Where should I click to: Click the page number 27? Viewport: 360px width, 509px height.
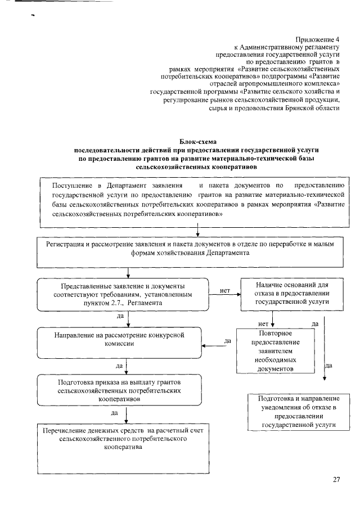tap(336, 479)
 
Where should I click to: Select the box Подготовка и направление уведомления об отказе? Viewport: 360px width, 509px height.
tap(298, 412)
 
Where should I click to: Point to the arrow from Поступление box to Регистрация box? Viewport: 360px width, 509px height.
tap(198, 228)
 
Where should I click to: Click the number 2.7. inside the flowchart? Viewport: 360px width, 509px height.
tap(115, 303)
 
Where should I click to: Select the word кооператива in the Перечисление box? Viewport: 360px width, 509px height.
tap(123, 448)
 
